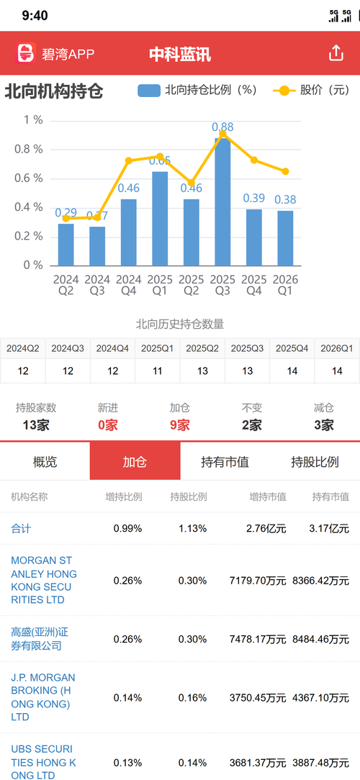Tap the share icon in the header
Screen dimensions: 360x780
tap(336, 53)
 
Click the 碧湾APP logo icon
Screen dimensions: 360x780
tap(25, 53)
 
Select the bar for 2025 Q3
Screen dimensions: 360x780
tap(222, 201)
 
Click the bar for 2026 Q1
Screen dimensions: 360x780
tap(285, 237)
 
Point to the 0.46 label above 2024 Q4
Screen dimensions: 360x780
tap(128, 188)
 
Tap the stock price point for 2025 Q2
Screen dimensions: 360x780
tap(192, 183)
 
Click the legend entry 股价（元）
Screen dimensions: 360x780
tap(312, 91)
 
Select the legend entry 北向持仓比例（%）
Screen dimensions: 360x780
tap(197, 91)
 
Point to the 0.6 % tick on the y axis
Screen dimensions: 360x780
tap(33, 178)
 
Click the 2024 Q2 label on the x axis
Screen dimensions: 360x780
tap(66, 285)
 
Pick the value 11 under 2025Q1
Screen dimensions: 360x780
tap(157, 371)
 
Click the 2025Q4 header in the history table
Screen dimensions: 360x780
tap(292, 348)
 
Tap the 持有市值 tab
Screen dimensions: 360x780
tap(225, 462)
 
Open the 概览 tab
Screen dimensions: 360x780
tap(45, 462)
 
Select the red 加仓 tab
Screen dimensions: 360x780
tap(135, 461)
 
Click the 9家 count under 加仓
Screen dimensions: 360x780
tap(180, 425)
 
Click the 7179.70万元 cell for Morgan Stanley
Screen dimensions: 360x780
tap(258, 581)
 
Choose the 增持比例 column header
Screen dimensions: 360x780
tap(124, 496)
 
